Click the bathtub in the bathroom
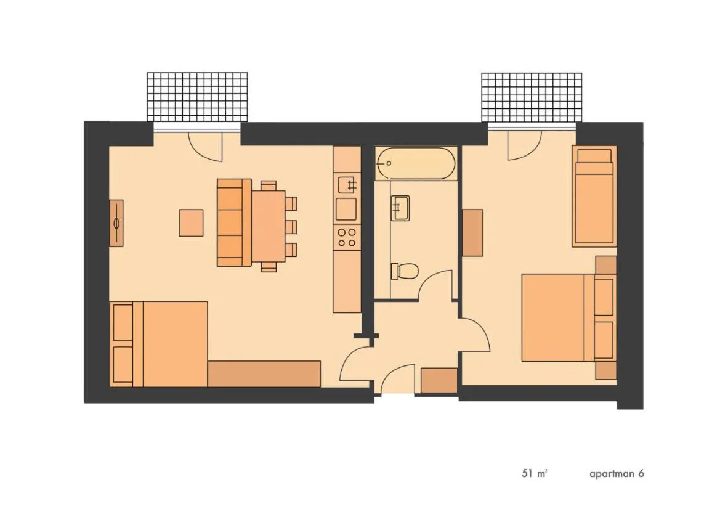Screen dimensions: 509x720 pos(416,163)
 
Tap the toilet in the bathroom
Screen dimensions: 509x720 pos(405,270)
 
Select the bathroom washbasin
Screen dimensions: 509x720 pos(400,208)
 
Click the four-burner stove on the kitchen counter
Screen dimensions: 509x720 pos(347,237)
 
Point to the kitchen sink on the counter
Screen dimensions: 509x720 pos(347,184)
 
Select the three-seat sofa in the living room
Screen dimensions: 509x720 pos(234,222)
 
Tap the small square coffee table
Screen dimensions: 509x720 pos(191,222)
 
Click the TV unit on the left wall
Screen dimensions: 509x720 pos(116,223)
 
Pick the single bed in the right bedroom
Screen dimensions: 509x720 pos(594,196)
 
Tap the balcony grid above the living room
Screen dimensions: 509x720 pos(197,97)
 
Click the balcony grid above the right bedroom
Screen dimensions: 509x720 pos(532,97)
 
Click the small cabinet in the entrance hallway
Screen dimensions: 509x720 pos(439,380)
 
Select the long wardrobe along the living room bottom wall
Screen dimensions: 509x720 pos(264,374)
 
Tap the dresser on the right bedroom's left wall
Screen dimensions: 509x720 pos(472,232)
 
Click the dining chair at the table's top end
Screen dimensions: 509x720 pos(268,185)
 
